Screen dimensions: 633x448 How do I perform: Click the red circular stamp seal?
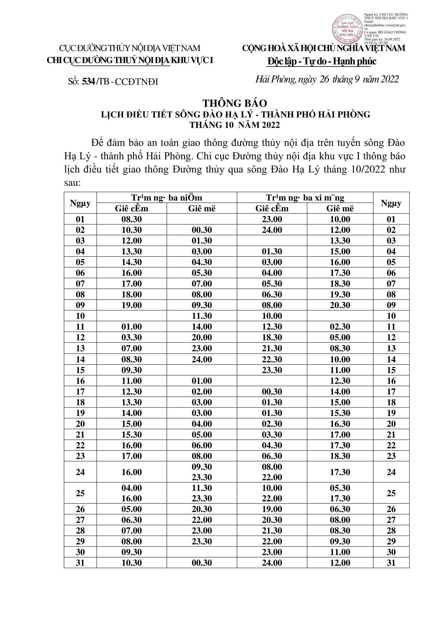tap(347, 29)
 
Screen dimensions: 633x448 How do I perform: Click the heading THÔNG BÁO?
tap(235, 103)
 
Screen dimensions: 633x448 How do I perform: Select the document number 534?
tap(88, 82)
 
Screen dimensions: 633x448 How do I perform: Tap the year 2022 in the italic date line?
tap(389, 79)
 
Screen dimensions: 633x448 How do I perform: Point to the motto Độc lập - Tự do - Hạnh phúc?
tap(322, 61)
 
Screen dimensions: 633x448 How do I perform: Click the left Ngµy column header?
tap(80, 203)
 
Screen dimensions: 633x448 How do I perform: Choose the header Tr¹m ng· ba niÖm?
tap(167, 198)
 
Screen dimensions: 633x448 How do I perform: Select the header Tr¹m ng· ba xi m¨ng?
tap(305, 198)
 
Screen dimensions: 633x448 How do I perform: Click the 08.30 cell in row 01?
tap(132, 219)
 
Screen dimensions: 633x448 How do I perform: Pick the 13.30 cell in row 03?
tap(340, 241)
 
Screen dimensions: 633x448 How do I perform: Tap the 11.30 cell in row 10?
tap(202, 316)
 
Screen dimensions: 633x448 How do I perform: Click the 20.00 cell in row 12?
tap(202, 337)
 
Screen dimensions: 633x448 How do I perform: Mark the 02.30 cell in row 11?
tap(340, 327)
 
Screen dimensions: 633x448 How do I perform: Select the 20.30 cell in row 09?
tap(340, 305)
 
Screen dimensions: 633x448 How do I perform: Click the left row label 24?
tap(80, 472)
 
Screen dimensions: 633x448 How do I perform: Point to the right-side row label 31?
tap(391, 563)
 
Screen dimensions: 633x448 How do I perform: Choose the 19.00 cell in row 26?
tap(272, 509)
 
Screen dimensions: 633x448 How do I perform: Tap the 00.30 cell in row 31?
tap(202, 563)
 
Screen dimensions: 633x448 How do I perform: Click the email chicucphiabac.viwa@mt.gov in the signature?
tap(385, 25)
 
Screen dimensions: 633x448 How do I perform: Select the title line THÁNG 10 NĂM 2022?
tap(235, 125)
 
